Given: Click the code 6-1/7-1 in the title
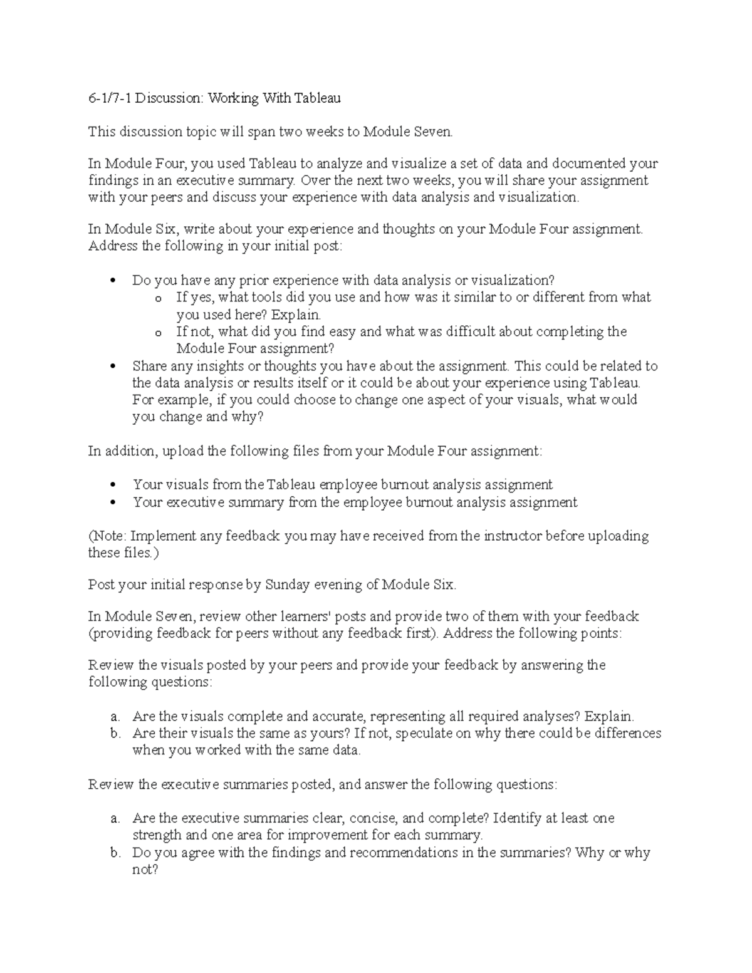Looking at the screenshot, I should click(110, 98).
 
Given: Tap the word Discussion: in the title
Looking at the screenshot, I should click(170, 98).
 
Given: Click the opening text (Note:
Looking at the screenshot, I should click(107, 536).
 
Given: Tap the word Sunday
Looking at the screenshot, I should click(288, 585).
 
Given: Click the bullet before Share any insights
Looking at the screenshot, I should click(113, 367).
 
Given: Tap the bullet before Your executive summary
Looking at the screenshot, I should click(113, 502).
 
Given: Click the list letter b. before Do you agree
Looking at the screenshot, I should click(115, 853).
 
